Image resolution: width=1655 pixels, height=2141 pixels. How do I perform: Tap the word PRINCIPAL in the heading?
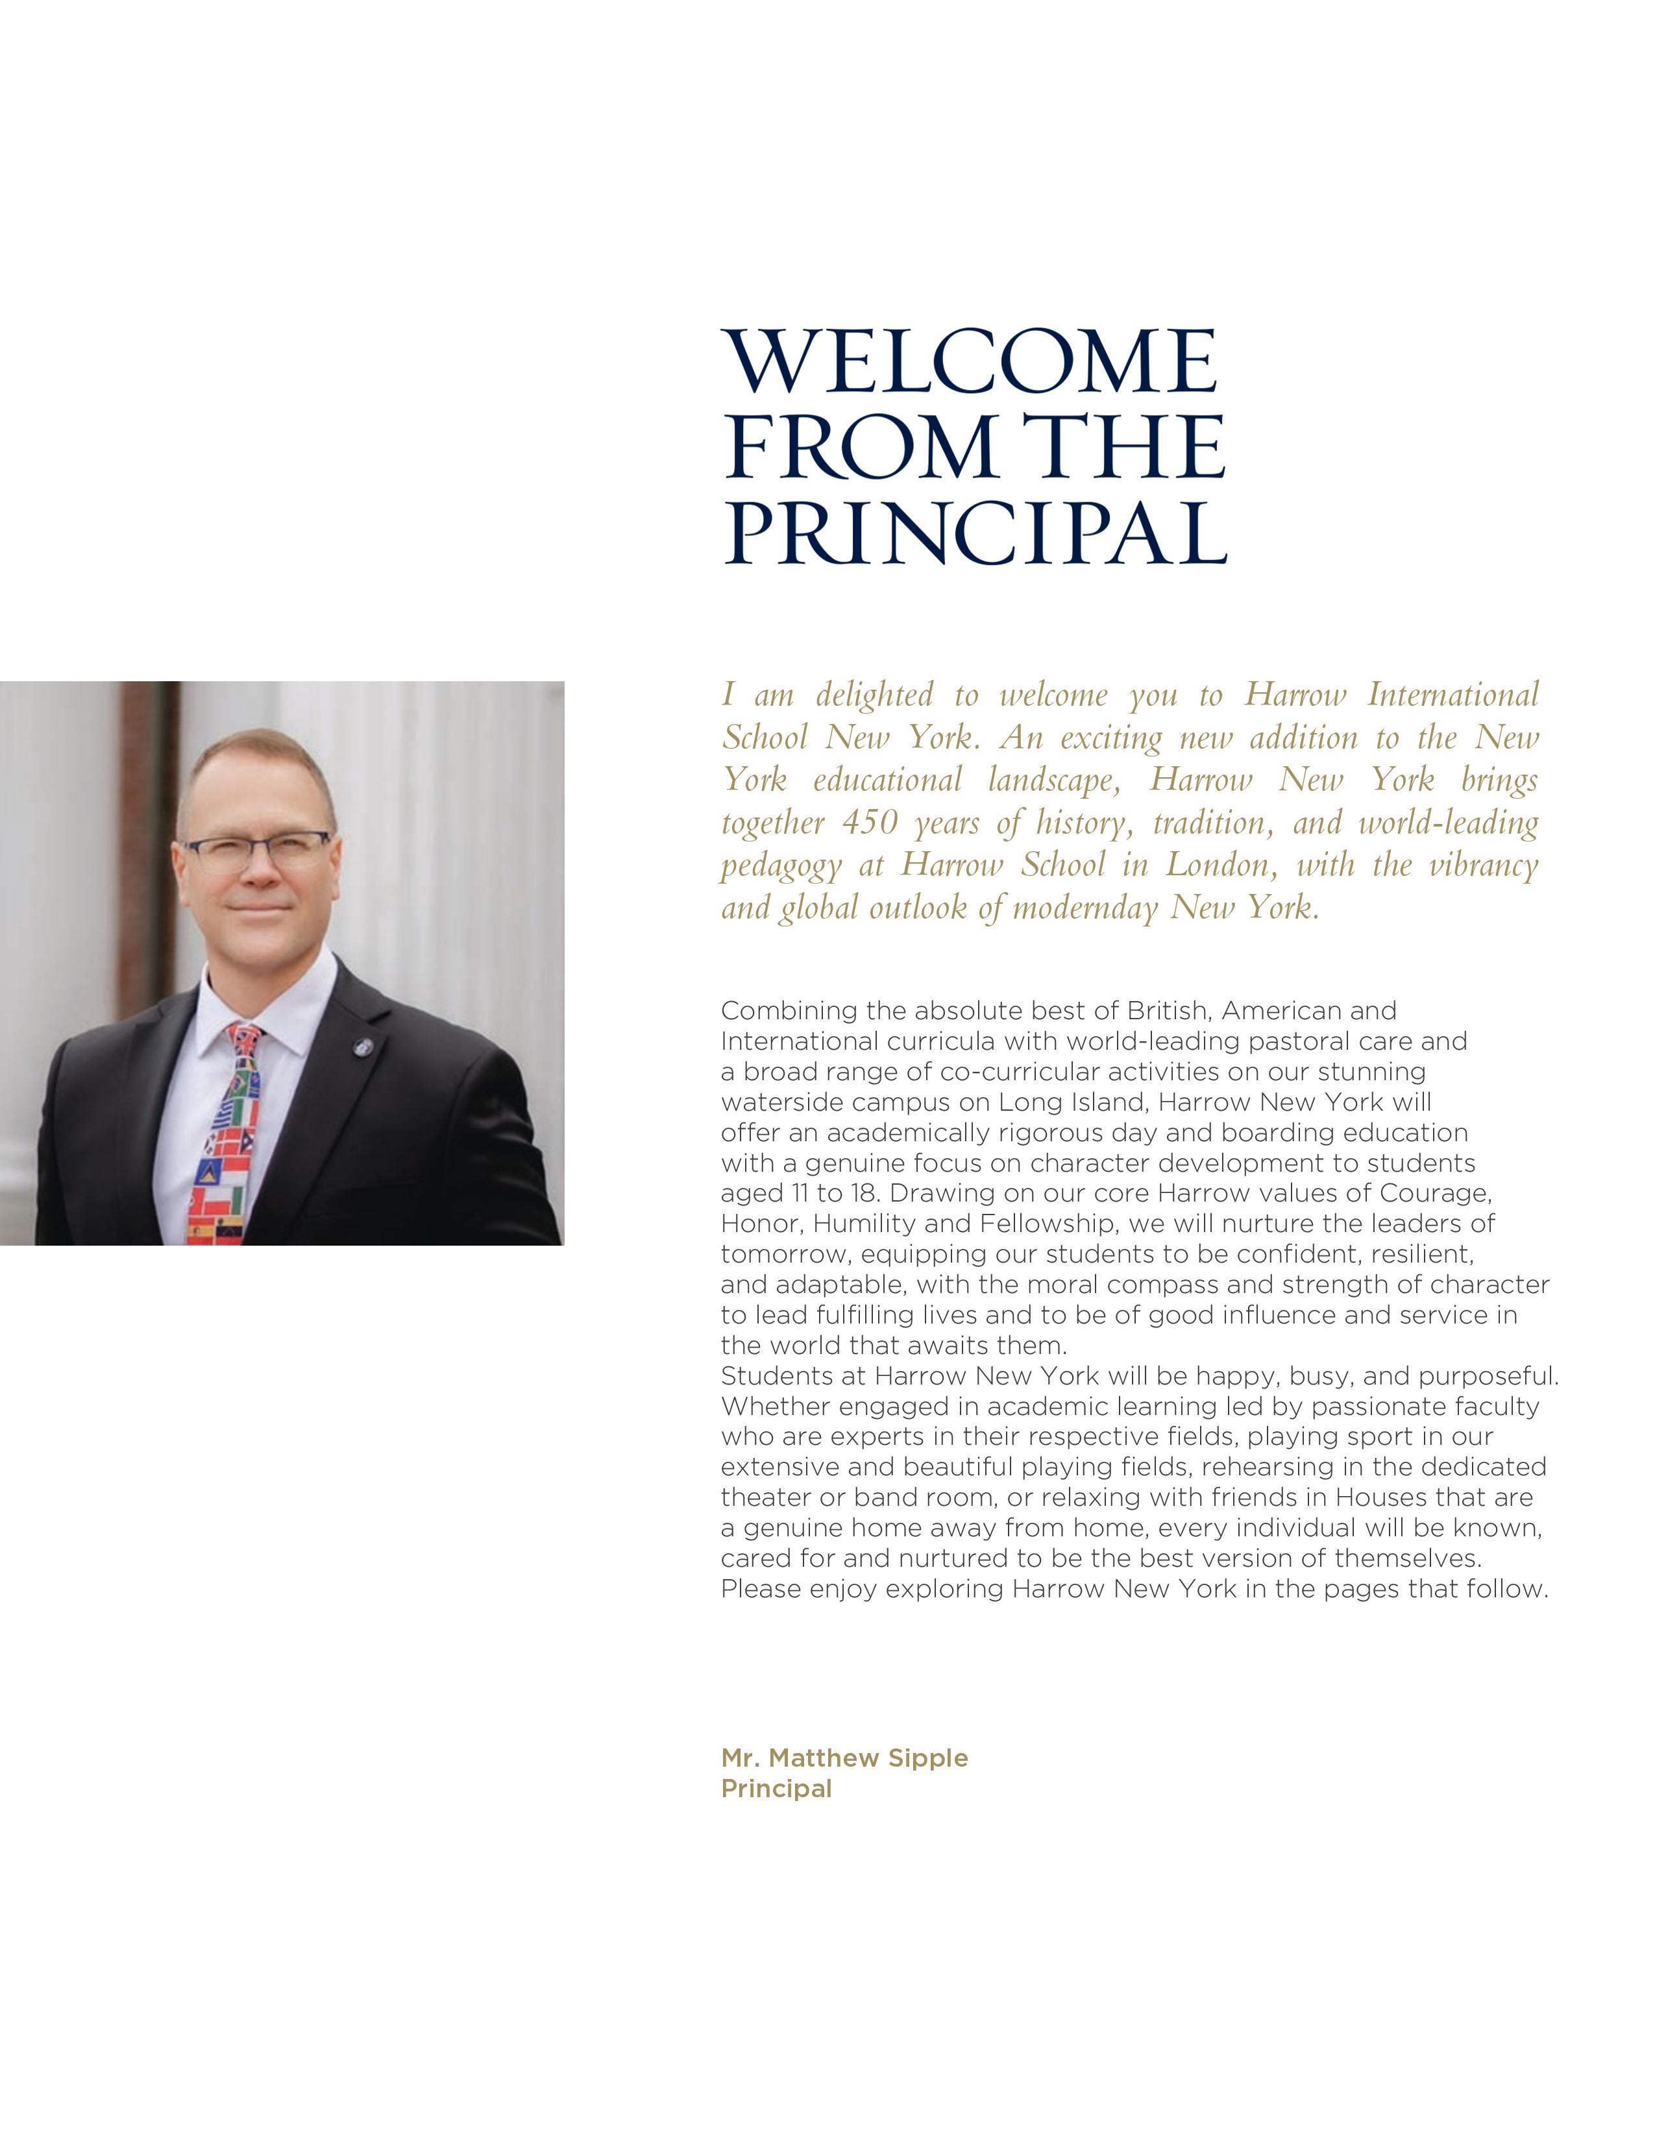click(x=975, y=533)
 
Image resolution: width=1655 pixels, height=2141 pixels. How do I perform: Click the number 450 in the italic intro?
click(x=870, y=823)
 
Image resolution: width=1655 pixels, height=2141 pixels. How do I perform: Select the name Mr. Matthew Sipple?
click(x=844, y=1758)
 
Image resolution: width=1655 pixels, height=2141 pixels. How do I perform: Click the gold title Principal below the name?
click(x=776, y=1788)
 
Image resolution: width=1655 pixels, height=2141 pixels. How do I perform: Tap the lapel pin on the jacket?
click(x=361, y=1046)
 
